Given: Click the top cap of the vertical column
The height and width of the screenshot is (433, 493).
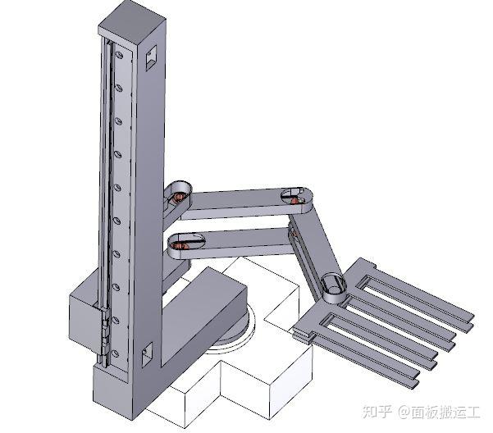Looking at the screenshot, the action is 132,24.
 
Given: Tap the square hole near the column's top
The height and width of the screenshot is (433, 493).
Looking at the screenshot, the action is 151,57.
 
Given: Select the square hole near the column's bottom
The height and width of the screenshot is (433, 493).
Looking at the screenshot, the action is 147,354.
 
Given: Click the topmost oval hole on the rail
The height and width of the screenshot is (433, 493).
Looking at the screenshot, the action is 119,55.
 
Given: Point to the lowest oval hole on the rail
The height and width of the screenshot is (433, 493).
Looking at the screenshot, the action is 115,353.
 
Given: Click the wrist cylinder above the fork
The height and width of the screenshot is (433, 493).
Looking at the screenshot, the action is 334,288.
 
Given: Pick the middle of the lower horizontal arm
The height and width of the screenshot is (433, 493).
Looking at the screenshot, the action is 233,244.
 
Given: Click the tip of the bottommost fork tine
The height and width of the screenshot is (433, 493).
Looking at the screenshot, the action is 416,384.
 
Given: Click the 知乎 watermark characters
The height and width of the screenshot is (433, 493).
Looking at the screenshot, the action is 377,412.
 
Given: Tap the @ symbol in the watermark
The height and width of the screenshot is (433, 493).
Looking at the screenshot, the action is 404,412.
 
